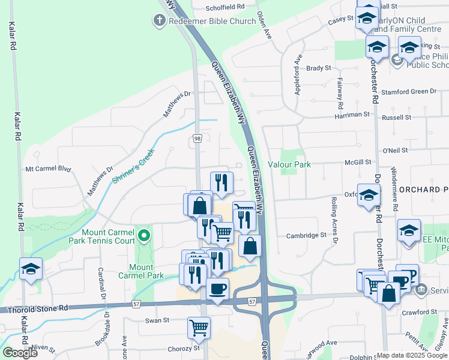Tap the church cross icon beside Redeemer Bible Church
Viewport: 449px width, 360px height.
(159, 22)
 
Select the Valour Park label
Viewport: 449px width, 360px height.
(289, 164)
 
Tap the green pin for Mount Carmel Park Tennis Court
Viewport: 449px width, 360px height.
(143, 234)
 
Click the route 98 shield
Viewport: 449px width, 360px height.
(197, 139)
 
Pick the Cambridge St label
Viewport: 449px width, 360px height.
(306, 235)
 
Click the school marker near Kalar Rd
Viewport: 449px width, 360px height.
(31, 269)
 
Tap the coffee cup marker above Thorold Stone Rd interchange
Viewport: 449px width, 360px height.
(217, 289)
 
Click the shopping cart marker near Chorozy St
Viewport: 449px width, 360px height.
(199, 327)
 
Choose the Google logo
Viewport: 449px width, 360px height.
(20, 352)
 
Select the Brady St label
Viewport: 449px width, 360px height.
(318, 68)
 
